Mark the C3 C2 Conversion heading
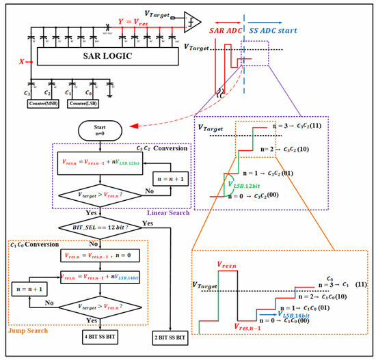point(151,148)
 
